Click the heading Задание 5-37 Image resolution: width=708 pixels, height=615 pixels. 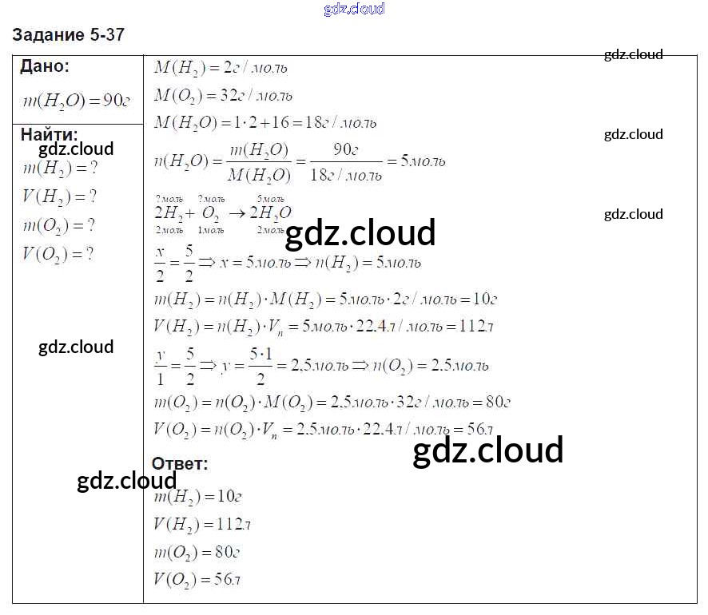[x=69, y=35]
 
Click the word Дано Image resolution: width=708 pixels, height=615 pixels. [x=44, y=66]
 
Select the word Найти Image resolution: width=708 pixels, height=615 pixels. [x=49, y=134]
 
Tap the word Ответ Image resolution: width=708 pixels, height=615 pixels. [x=180, y=464]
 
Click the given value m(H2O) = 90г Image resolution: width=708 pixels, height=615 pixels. [x=77, y=100]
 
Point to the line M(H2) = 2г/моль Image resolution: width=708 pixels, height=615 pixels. [x=221, y=69]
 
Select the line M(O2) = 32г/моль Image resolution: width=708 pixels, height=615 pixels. [x=223, y=96]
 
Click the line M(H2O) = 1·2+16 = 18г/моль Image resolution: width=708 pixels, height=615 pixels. [x=265, y=123]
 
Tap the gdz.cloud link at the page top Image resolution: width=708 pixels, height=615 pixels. [x=354, y=9]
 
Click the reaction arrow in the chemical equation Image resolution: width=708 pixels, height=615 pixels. [x=237, y=213]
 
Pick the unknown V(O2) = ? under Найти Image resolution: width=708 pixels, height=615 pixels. [x=58, y=254]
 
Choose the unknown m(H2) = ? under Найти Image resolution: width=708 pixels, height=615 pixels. [x=61, y=169]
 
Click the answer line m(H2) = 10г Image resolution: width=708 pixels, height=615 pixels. [x=197, y=497]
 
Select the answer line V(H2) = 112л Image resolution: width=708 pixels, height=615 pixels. [x=202, y=524]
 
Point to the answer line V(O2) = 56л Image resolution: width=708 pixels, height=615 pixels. [x=197, y=580]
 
